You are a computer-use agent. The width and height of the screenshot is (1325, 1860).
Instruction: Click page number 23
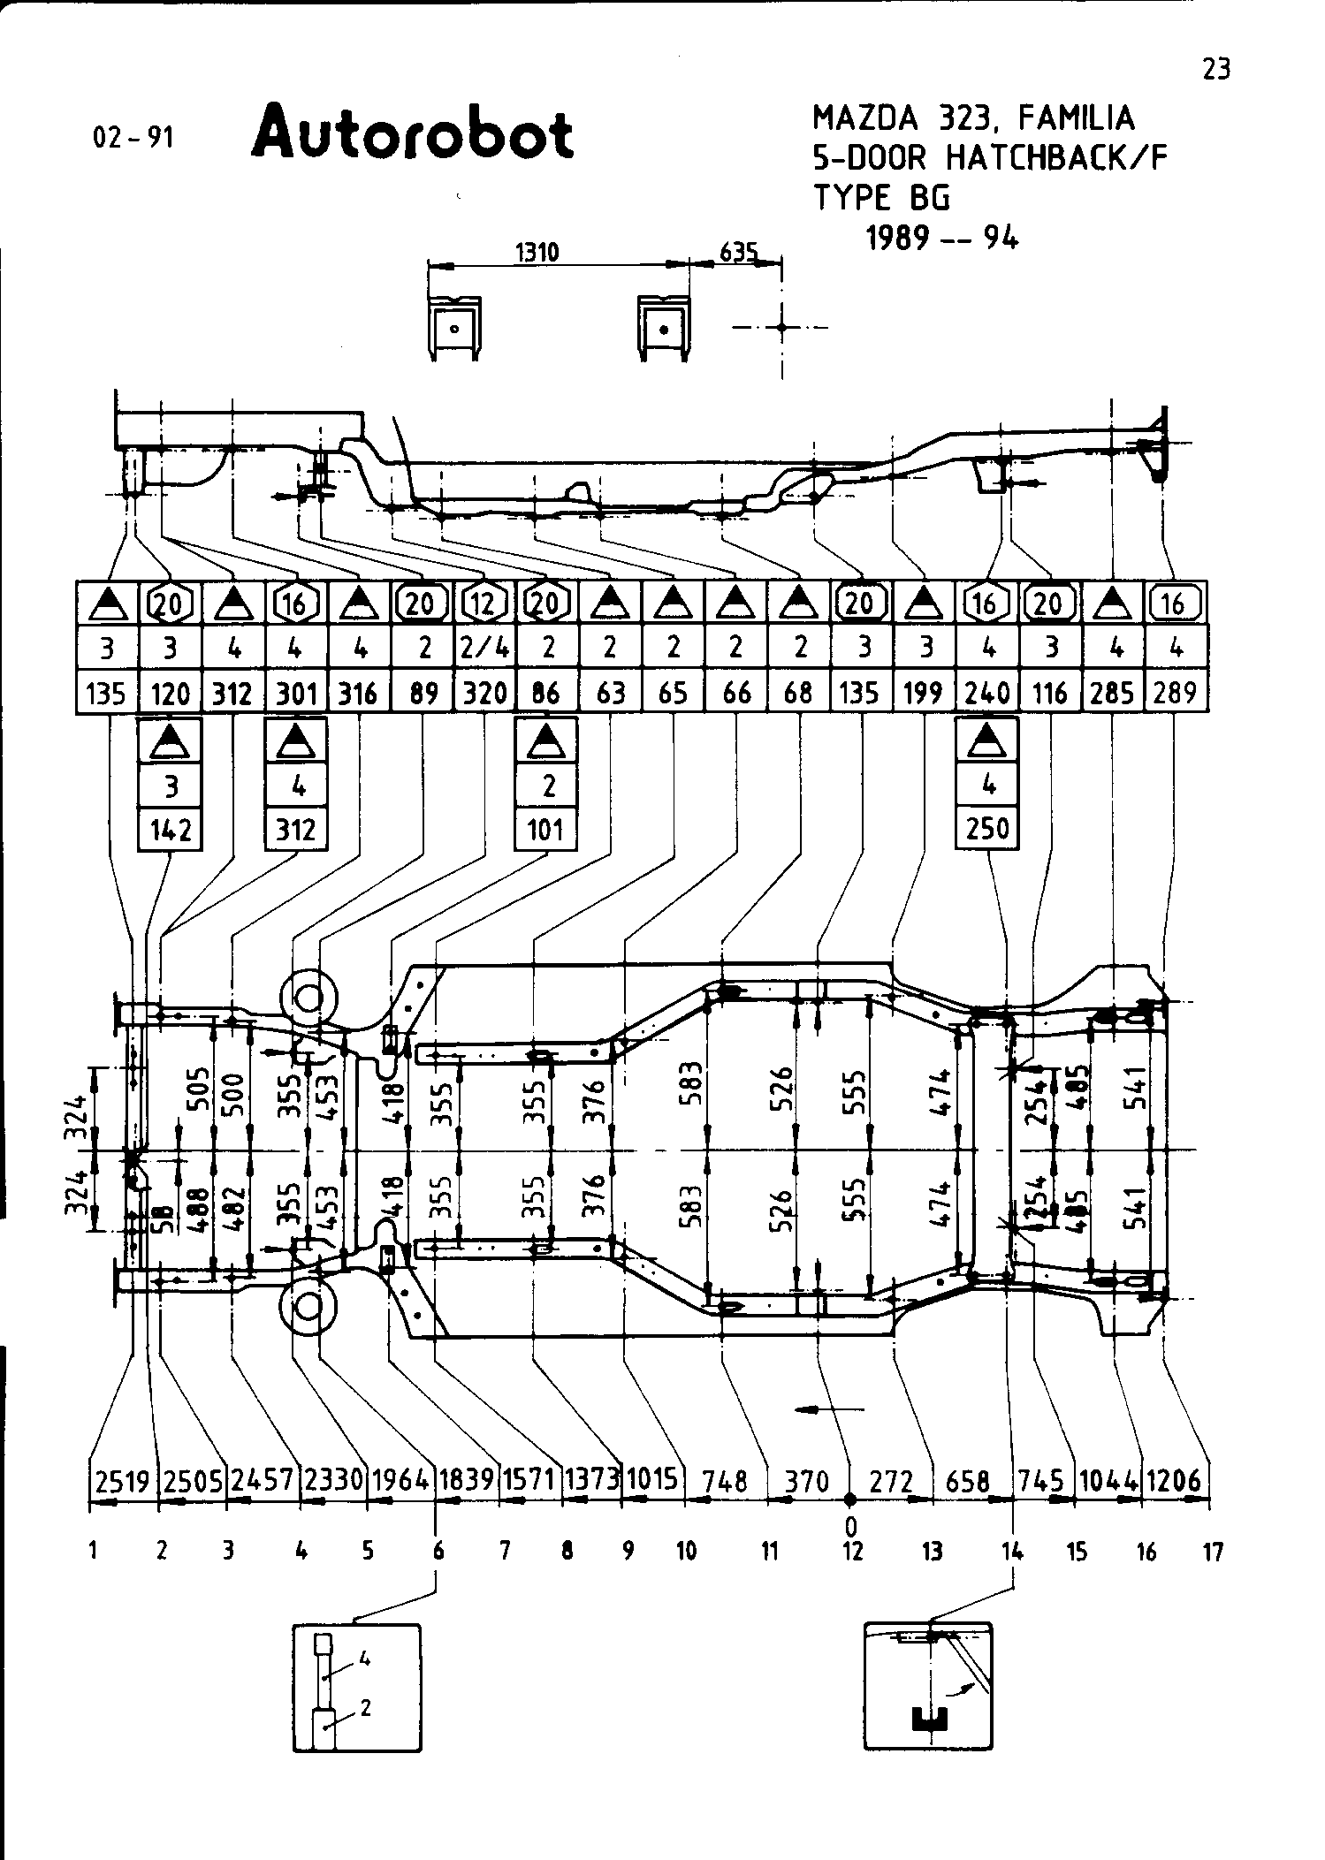(1217, 69)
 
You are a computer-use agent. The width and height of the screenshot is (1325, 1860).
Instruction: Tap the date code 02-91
(133, 138)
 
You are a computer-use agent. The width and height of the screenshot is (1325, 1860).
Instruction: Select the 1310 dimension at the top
(537, 253)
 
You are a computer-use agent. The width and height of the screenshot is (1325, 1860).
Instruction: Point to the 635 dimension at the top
(739, 253)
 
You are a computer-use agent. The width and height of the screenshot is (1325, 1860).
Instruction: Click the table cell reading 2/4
(485, 648)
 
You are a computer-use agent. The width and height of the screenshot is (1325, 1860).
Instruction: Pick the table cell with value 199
(924, 692)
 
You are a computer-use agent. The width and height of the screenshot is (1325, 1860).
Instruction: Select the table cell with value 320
(485, 692)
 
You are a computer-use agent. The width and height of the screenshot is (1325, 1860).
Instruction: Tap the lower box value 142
(171, 830)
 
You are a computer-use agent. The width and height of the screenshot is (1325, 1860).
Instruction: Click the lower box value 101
(546, 830)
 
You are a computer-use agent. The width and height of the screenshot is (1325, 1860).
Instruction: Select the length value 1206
(1175, 1481)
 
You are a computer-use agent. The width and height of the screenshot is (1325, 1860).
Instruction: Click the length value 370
(807, 1481)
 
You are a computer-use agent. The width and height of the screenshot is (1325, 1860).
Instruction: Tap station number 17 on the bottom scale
(1213, 1552)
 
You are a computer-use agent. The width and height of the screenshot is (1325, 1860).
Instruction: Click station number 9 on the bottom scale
(628, 1552)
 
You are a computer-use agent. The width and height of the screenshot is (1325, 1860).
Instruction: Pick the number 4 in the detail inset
(365, 1659)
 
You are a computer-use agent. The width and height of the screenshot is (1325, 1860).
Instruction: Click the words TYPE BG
(881, 198)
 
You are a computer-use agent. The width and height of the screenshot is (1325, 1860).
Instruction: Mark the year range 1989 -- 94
(942, 238)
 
